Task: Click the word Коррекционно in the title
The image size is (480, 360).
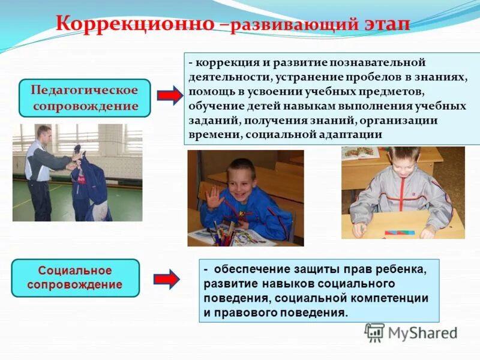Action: (135, 24)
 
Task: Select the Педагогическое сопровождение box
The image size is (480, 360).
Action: (85, 98)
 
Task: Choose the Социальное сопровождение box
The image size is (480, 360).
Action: (75, 278)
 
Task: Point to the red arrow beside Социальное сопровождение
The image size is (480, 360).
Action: (166, 278)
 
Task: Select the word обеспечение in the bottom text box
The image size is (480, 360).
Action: (246, 270)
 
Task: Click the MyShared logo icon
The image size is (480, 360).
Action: (374, 332)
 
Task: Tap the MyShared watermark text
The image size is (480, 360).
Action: (422, 333)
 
